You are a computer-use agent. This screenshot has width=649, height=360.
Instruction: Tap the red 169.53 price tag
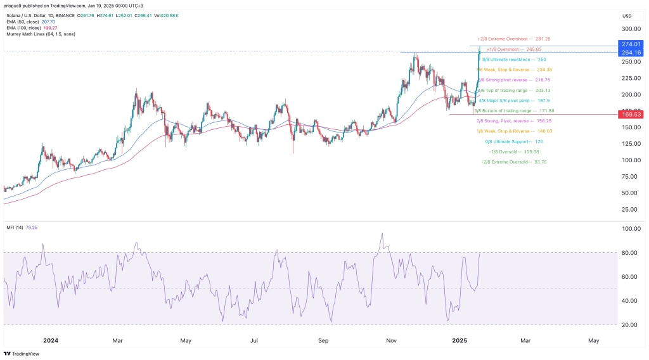[632, 115]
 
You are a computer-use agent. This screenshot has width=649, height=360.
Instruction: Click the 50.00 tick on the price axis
[629, 193]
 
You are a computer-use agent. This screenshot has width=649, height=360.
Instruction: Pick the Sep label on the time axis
[323, 340]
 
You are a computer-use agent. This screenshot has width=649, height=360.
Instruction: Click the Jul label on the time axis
[254, 340]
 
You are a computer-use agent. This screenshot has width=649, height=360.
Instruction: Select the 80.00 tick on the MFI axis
[629, 253]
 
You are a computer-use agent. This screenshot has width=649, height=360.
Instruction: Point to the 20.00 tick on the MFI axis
[629, 325]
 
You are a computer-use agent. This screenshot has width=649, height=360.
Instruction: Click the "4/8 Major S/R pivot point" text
[512, 100]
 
